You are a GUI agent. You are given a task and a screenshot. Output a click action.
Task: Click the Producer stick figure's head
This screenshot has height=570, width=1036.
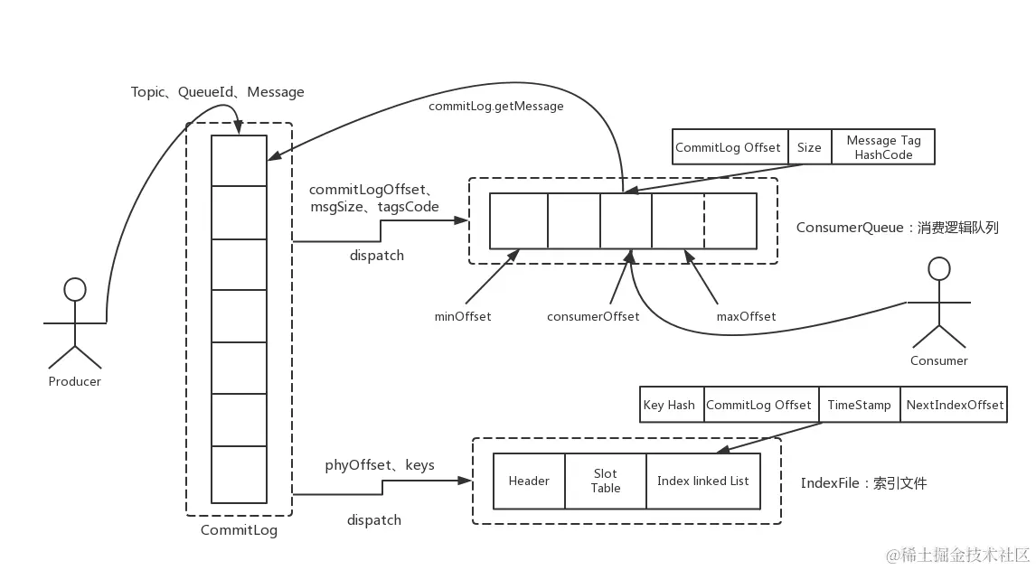point(75,289)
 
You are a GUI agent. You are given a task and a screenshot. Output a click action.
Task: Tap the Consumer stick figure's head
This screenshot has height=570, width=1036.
point(940,268)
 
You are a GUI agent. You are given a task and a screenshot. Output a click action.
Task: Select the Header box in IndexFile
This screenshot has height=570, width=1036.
point(529,481)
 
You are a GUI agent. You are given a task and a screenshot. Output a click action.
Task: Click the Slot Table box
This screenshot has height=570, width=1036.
point(606,481)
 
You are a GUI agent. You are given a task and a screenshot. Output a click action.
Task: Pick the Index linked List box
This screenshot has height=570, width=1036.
point(702,481)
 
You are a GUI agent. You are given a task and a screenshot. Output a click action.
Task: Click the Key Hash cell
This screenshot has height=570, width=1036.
point(669,405)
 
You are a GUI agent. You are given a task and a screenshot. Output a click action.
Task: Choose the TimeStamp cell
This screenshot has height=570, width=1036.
point(859,405)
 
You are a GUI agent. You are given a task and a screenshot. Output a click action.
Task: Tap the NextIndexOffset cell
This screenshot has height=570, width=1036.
point(955,405)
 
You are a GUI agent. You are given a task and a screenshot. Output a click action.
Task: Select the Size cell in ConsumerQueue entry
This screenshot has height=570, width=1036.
point(809,147)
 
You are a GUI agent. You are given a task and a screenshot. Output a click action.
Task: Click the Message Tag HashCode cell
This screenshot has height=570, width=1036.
point(883,147)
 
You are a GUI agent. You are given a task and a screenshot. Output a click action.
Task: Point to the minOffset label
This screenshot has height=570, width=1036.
point(463,316)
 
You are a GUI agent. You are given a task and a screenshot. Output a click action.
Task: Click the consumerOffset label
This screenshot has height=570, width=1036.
point(593,316)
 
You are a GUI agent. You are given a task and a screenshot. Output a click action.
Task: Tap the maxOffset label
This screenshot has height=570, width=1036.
point(745,316)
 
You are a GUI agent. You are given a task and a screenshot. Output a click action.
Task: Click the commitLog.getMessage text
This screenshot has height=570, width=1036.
point(495,107)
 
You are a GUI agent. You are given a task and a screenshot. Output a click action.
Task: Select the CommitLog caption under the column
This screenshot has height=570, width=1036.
point(239,530)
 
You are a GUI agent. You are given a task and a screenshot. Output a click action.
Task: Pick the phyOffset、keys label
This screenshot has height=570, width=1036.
point(380,465)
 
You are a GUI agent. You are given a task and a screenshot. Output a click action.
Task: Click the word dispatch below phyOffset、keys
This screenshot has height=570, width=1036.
point(374,520)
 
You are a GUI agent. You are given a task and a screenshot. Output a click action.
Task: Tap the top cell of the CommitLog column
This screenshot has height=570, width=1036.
point(239,160)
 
